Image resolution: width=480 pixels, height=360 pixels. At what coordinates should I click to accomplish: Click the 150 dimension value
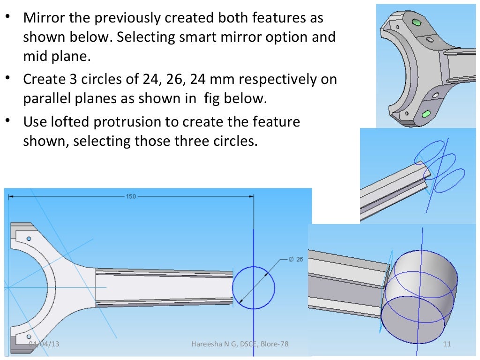pos(131,196)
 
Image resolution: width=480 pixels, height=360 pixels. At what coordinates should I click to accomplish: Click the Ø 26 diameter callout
pos(297,259)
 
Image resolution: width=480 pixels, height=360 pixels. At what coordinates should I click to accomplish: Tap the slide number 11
pos(446,345)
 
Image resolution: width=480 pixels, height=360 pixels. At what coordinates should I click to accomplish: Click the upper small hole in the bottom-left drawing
pos(29,239)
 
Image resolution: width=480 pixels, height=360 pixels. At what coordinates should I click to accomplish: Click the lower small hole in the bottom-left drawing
pos(29,337)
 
